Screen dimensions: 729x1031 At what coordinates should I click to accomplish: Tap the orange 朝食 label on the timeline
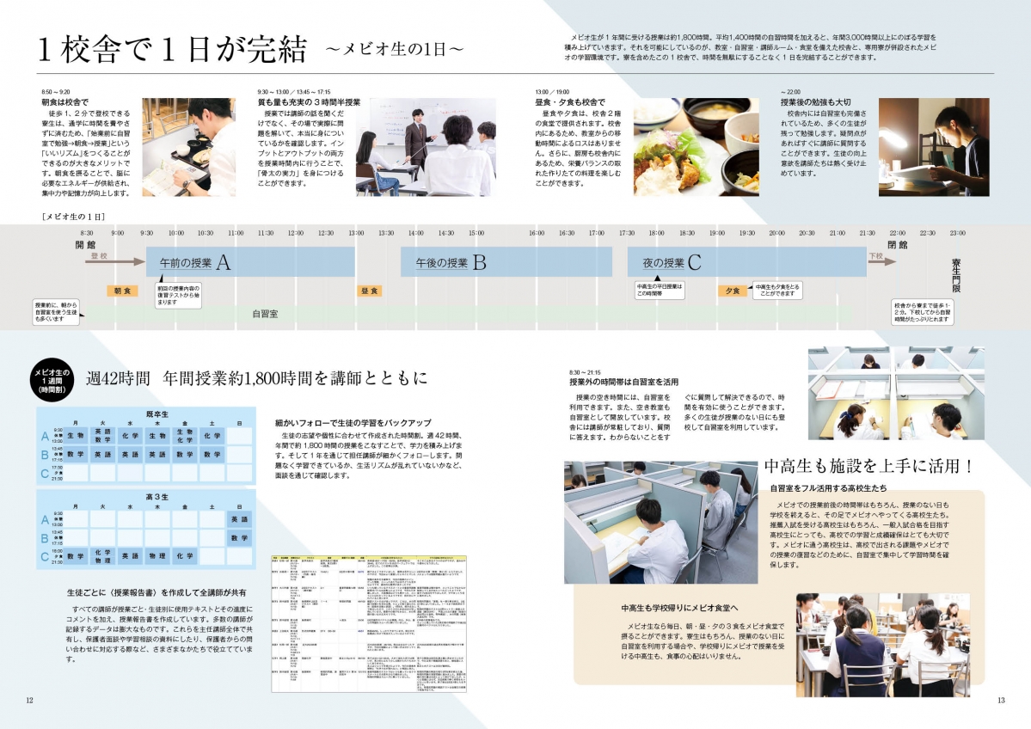pyautogui.click(x=122, y=291)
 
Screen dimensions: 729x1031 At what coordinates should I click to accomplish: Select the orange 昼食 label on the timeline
pyautogui.click(x=370, y=291)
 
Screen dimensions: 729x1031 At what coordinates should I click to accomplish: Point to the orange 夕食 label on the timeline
pyautogui.click(x=733, y=291)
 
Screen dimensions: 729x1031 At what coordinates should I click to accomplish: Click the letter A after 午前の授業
pyautogui.click(x=224, y=262)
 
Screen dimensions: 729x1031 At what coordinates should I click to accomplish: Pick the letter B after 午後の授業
pyautogui.click(x=479, y=262)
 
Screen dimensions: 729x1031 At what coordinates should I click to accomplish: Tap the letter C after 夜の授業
pyautogui.click(x=694, y=262)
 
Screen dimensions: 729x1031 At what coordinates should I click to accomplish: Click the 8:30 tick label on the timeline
pyautogui.click(x=87, y=233)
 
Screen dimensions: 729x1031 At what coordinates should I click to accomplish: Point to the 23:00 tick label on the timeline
pyautogui.click(x=956, y=233)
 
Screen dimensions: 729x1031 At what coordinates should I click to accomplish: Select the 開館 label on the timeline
pyautogui.click(x=86, y=245)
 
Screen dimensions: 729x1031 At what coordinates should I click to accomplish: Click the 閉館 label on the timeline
pyautogui.click(x=897, y=245)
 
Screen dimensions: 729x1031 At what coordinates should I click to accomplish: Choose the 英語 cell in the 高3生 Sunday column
pyautogui.click(x=238, y=519)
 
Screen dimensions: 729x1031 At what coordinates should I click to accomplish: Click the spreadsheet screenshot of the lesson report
pyautogui.click(x=370, y=623)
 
